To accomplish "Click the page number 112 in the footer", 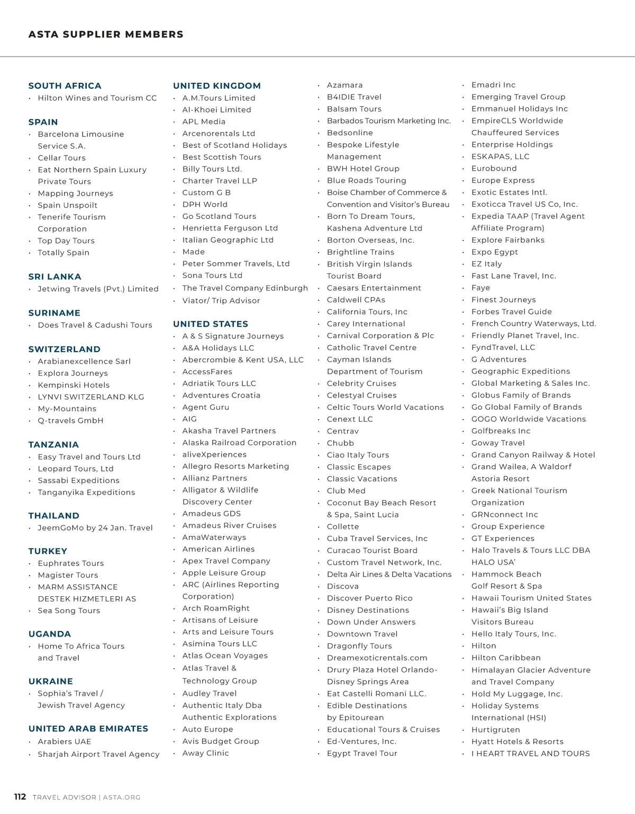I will coord(20,797).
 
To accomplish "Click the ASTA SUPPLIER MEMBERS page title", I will coord(106,34).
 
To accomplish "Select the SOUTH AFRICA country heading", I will coord(65,86).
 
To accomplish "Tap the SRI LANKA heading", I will coord(55,276).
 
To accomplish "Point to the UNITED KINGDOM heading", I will coord(216,86).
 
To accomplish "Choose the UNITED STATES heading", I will coord(210,324).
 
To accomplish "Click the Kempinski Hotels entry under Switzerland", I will coord(74,385).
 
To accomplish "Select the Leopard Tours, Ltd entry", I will coord(75,468).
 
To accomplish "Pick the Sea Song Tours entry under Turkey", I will coord(69,610).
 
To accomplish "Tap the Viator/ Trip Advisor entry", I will coord(221,300).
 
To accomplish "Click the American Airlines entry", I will coord(218,549).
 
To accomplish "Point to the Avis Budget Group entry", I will coord(221,741).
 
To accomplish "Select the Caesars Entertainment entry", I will coord(374,288).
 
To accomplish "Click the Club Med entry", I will coord(346,491).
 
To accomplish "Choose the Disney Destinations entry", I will coord(368,610).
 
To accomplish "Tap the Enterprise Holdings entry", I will coord(512,144).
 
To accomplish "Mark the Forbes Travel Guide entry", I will coord(511,312).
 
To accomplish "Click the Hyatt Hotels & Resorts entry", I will coord(517,742).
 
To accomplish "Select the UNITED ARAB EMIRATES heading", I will coord(88,728).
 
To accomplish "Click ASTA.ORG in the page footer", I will coord(122,797).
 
